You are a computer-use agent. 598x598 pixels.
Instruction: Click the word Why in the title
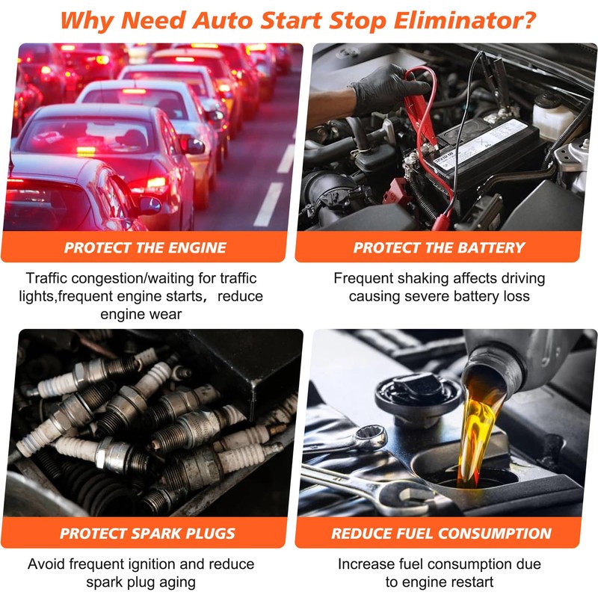coord(89,19)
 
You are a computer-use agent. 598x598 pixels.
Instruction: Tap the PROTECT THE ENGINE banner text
coord(145,247)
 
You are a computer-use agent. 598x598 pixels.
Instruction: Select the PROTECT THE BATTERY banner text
coord(439,247)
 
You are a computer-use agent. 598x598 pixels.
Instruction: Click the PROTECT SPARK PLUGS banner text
coord(147,534)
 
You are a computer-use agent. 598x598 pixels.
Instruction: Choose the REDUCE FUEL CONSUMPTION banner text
coord(441,534)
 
